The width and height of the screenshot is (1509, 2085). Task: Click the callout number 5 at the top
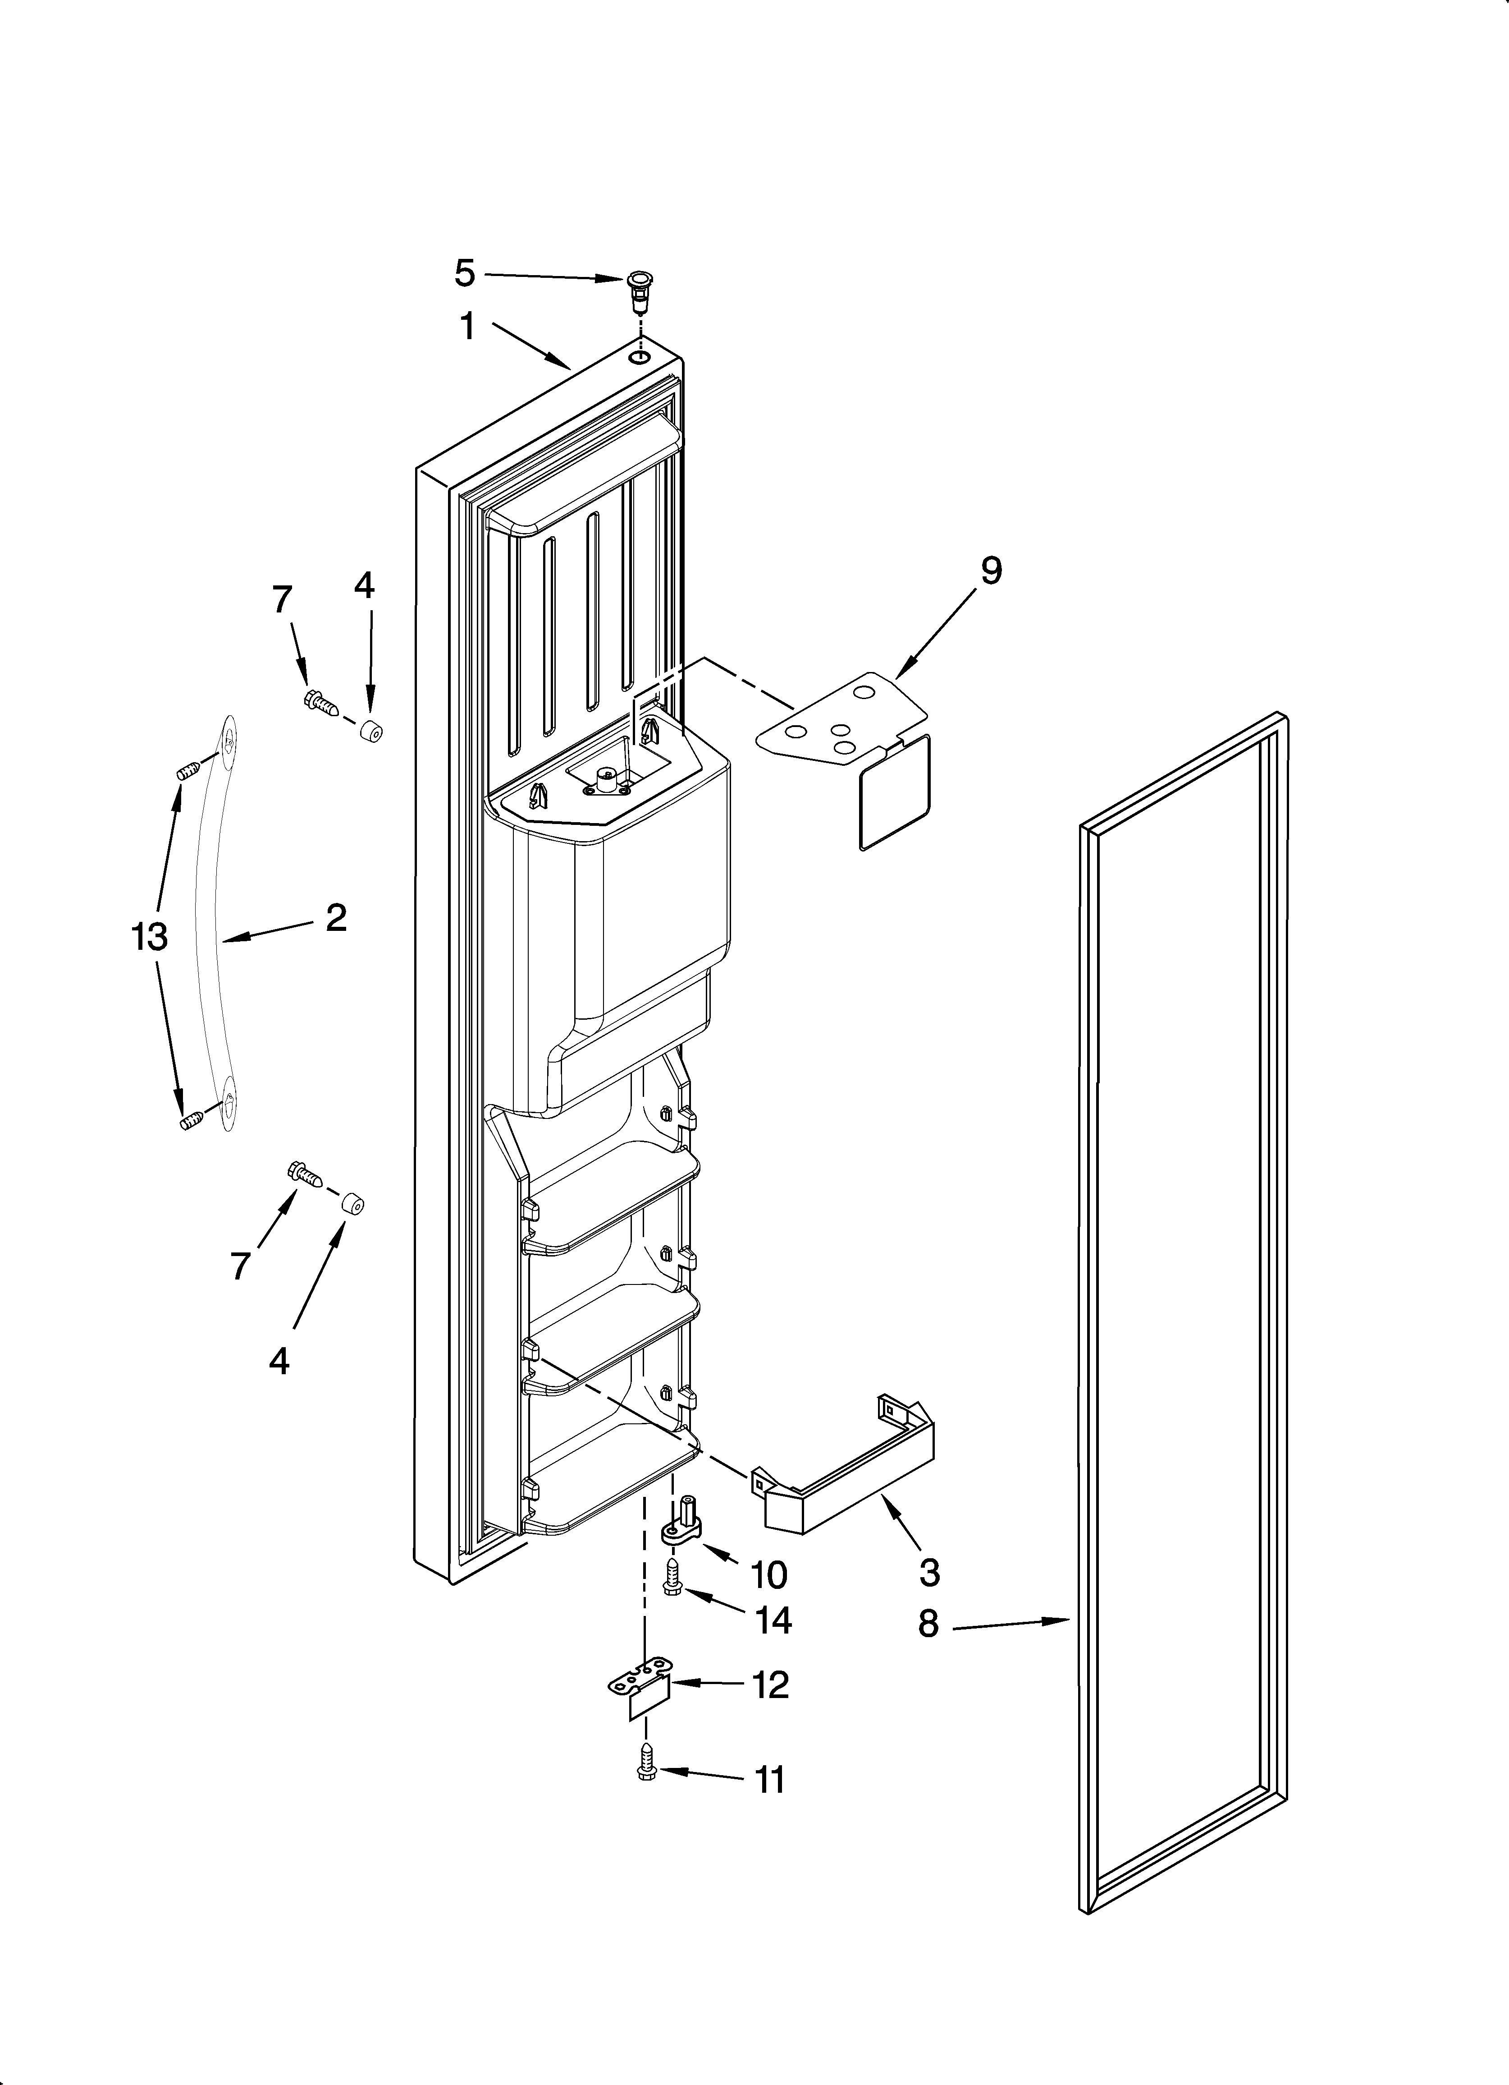[x=465, y=273]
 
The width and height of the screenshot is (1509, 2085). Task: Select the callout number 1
[x=468, y=326]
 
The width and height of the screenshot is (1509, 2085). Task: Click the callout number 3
[x=929, y=1573]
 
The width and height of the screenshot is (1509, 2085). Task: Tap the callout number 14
[x=773, y=1621]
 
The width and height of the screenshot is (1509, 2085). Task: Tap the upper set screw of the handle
[x=188, y=772]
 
